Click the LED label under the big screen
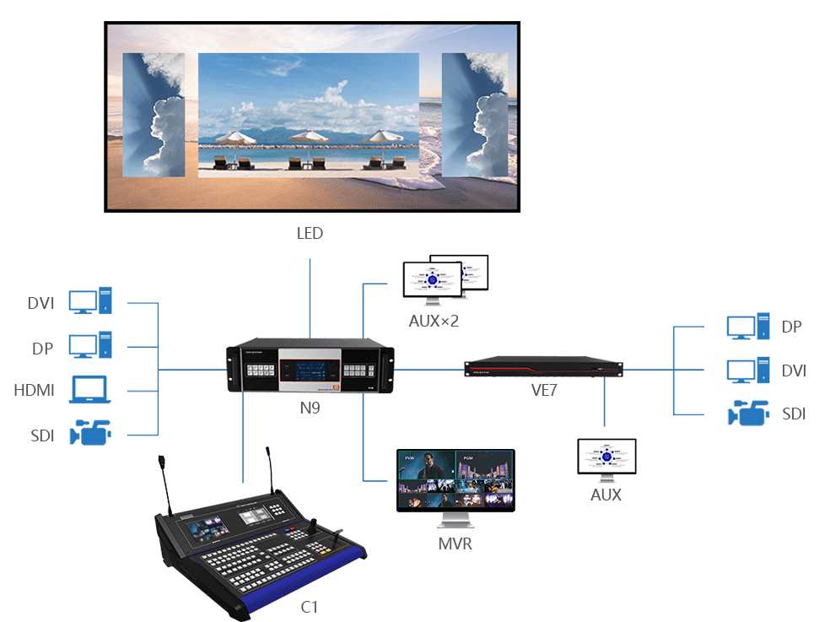[x=310, y=232]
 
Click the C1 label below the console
[x=309, y=606]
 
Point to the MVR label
[x=455, y=544]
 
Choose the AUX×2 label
[x=434, y=321]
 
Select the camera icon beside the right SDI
[x=748, y=414]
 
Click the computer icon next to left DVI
[x=90, y=300]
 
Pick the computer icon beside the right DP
[x=748, y=326]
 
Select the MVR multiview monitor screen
[x=456, y=479]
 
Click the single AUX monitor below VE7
[x=607, y=458]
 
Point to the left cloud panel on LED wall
[x=154, y=115]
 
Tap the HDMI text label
[x=35, y=390]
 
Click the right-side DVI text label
[x=793, y=370]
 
